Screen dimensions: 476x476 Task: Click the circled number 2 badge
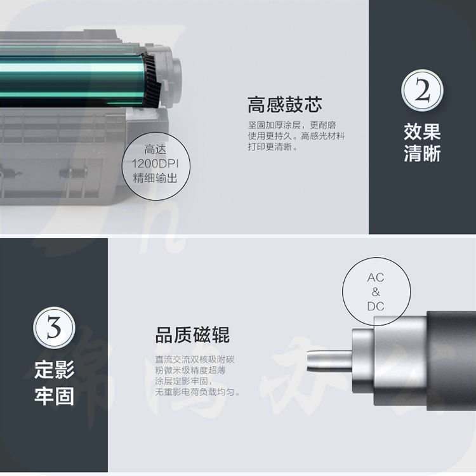pyautogui.click(x=422, y=91)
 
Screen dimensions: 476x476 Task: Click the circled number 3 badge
pyautogui.click(x=54, y=328)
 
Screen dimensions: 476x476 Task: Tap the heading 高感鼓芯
pyautogui.click(x=285, y=105)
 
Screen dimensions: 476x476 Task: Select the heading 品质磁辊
pyautogui.click(x=192, y=335)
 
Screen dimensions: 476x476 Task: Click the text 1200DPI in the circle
pyautogui.click(x=155, y=164)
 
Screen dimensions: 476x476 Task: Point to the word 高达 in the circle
pyautogui.click(x=155, y=150)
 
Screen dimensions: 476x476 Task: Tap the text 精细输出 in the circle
pyautogui.click(x=155, y=178)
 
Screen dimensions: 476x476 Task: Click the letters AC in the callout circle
pyautogui.click(x=376, y=277)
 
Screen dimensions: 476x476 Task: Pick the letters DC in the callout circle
pyautogui.click(x=376, y=307)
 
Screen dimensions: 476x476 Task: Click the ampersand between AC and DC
pyautogui.click(x=376, y=292)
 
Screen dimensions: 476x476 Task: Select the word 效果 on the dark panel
pyautogui.click(x=422, y=132)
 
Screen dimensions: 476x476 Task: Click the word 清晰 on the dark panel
pyautogui.click(x=422, y=154)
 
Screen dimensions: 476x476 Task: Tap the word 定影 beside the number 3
pyautogui.click(x=55, y=369)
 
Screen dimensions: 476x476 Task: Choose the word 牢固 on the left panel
pyautogui.click(x=55, y=396)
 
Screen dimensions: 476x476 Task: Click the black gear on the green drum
pyautogui.click(x=151, y=80)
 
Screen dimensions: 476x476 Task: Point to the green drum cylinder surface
pyautogui.click(x=70, y=80)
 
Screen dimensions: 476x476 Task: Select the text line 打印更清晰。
pyautogui.click(x=273, y=147)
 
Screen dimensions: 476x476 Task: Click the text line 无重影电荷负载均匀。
pyautogui.click(x=197, y=392)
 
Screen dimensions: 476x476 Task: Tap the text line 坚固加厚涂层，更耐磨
pyautogui.click(x=292, y=125)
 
